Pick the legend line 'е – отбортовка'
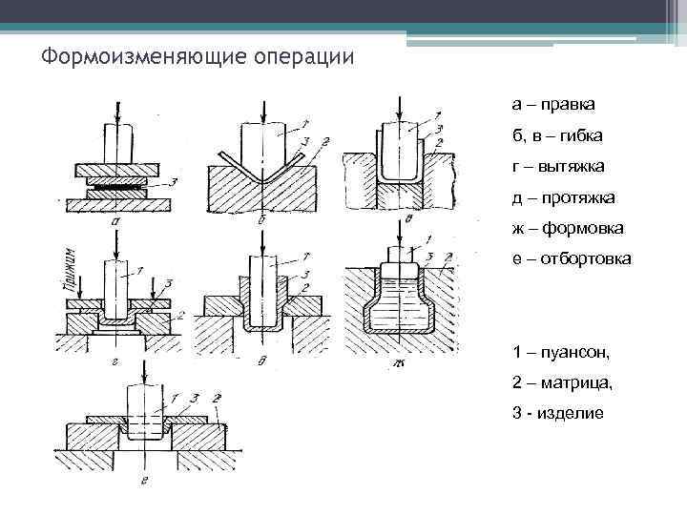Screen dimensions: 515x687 click(x=571, y=258)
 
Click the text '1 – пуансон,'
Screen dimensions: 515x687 click(x=560, y=352)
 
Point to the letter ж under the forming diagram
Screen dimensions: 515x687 click(x=392, y=360)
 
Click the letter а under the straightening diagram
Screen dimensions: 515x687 click(x=114, y=219)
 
